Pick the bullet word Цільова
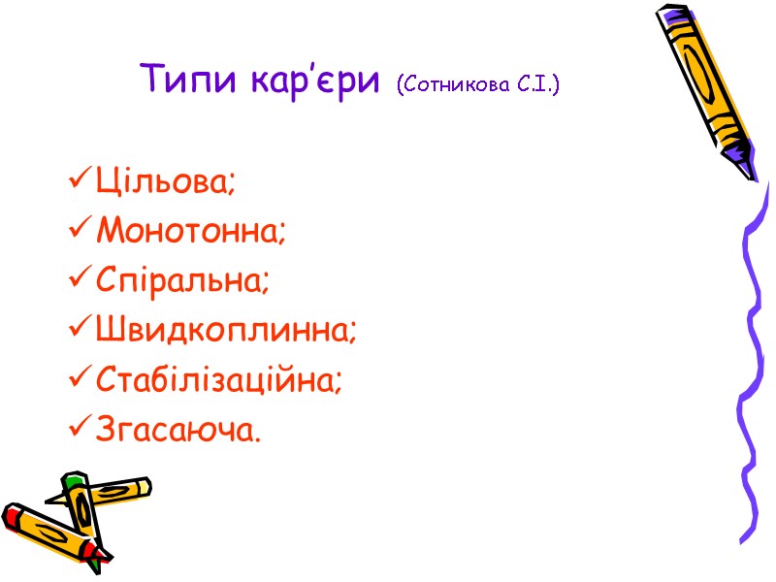click(166, 181)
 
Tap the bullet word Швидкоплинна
click(227, 332)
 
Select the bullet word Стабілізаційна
click(220, 381)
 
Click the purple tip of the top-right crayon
click(744, 159)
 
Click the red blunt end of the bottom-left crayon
click(12, 515)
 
